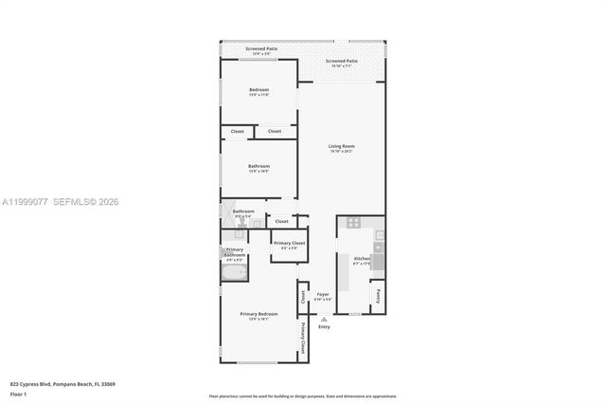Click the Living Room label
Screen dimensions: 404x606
[x=341, y=146]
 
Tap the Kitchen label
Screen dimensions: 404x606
[x=361, y=258]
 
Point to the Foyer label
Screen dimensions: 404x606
[x=322, y=295]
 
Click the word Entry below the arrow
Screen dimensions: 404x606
[x=324, y=327]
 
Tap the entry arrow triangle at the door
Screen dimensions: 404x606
[x=324, y=319]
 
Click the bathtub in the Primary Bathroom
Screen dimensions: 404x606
[x=234, y=273]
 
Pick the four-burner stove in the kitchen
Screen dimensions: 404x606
[x=353, y=224]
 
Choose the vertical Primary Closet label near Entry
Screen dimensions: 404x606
[x=303, y=339]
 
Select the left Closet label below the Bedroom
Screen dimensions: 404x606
[x=237, y=131]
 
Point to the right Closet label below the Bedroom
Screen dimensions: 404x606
[x=274, y=131]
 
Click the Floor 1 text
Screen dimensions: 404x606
[x=19, y=394]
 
